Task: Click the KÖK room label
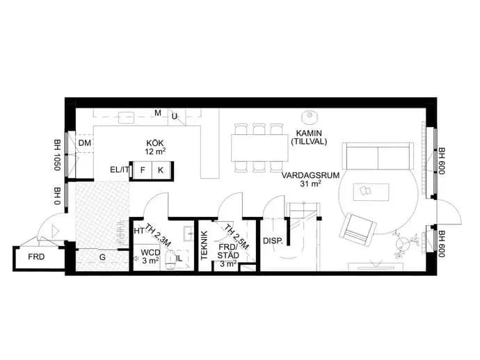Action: [155, 143]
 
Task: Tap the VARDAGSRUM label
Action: [310, 176]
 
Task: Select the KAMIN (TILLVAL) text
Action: [309, 138]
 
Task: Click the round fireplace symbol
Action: [309, 116]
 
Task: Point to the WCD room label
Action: [150, 253]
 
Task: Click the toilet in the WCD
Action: [170, 260]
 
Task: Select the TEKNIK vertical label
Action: [205, 245]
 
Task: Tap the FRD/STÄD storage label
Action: [228, 251]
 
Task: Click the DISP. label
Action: [273, 240]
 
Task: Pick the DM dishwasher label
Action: [85, 143]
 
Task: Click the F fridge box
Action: [143, 170]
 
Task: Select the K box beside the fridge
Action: [161, 170]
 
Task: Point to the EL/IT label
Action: [119, 170]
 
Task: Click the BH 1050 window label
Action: [57, 155]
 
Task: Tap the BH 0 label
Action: [57, 196]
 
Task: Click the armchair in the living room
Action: [358, 230]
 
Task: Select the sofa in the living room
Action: [378, 156]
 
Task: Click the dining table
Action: [259, 148]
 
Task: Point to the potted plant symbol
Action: [404, 243]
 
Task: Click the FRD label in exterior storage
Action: [36, 257]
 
